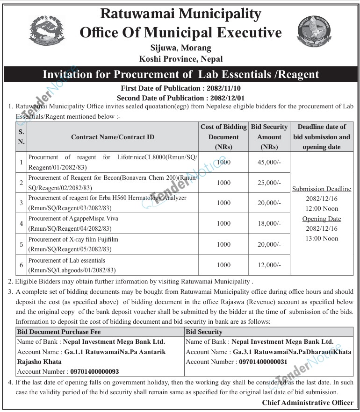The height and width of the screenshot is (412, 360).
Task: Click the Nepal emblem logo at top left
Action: [47, 31]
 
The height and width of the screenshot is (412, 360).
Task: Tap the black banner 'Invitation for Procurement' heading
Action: [180, 74]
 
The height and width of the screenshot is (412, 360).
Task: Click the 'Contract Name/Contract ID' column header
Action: [113, 137]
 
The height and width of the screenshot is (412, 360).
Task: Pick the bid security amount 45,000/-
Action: [269, 162]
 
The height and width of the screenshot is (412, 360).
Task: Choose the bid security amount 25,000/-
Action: [269, 183]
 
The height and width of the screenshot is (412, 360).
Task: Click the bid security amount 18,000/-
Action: [269, 224]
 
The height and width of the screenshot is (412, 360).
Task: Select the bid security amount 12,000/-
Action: [269, 265]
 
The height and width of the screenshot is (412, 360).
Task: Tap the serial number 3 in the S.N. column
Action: [22, 203]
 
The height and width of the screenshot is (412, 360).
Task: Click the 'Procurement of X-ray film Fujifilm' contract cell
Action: [73, 240]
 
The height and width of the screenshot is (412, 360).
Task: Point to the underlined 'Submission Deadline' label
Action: [322, 189]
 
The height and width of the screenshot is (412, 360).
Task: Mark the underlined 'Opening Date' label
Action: [322, 219]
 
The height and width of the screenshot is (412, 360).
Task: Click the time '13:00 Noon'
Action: [322, 239]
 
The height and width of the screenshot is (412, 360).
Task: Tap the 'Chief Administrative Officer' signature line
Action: [308, 402]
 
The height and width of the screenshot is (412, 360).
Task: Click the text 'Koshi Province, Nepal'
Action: [180, 59]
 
